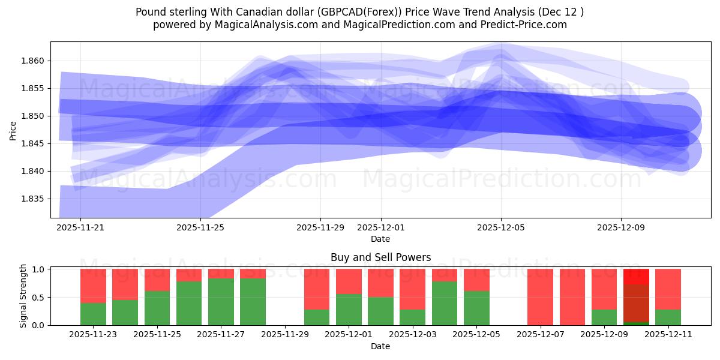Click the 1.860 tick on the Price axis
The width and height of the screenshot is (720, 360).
pyautogui.click(x=34, y=61)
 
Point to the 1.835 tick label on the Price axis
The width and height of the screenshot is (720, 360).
pyautogui.click(x=34, y=199)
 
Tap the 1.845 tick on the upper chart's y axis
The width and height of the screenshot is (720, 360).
pyautogui.click(x=34, y=143)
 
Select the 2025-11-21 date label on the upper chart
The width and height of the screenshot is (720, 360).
pyautogui.click(x=80, y=227)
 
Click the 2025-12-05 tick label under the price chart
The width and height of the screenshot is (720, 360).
pyautogui.click(x=501, y=227)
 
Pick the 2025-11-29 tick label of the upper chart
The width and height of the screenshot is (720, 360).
pyautogui.click(x=320, y=227)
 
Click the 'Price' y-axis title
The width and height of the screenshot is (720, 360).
pyautogui.click(x=13, y=130)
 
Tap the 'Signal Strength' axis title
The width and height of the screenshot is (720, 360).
pyautogui.click(x=23, y=296)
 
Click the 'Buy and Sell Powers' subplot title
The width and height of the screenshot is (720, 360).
pyautogui.click(x=380, y=257)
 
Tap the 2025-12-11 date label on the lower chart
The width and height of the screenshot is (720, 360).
pyautogui.click(x=668, y=335)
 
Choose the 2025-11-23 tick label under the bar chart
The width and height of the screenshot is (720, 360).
pyautogui.click(x=93, y=335)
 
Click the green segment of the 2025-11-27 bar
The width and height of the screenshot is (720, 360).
pyautogui.click(x=221, y=302)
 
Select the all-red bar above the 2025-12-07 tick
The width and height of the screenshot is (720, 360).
pyautogui.click(x=540, y=297)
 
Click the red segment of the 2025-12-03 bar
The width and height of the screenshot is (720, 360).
pyautogui.click(x=412, y=288)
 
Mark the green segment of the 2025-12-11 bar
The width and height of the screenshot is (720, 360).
pyautogui.click(x=668, y=317)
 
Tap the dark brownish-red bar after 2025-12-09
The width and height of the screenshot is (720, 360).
pyautogui.click(x=636, y=303)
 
